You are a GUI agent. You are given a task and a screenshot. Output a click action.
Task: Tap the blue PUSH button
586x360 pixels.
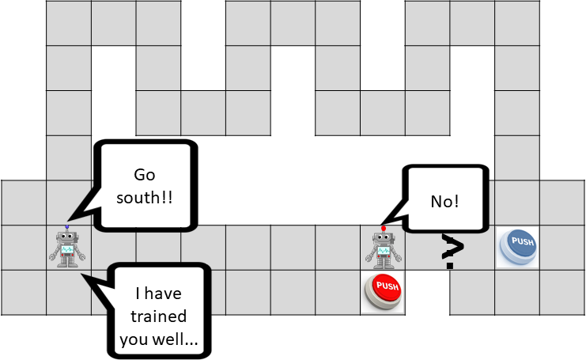pos(519,246)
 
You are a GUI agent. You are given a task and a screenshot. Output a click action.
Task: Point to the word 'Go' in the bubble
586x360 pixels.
pos(144,174)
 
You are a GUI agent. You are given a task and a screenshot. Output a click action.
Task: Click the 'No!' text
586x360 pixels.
pos(445,201)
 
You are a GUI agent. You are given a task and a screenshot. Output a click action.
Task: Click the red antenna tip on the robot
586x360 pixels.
pos(384,229)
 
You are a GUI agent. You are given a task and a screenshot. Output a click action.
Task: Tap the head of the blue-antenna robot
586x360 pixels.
pos(67,237)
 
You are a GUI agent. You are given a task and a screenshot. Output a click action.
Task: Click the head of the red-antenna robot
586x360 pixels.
pos(384,238)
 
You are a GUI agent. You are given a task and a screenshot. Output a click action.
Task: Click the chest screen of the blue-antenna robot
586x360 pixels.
pos(67,250)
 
